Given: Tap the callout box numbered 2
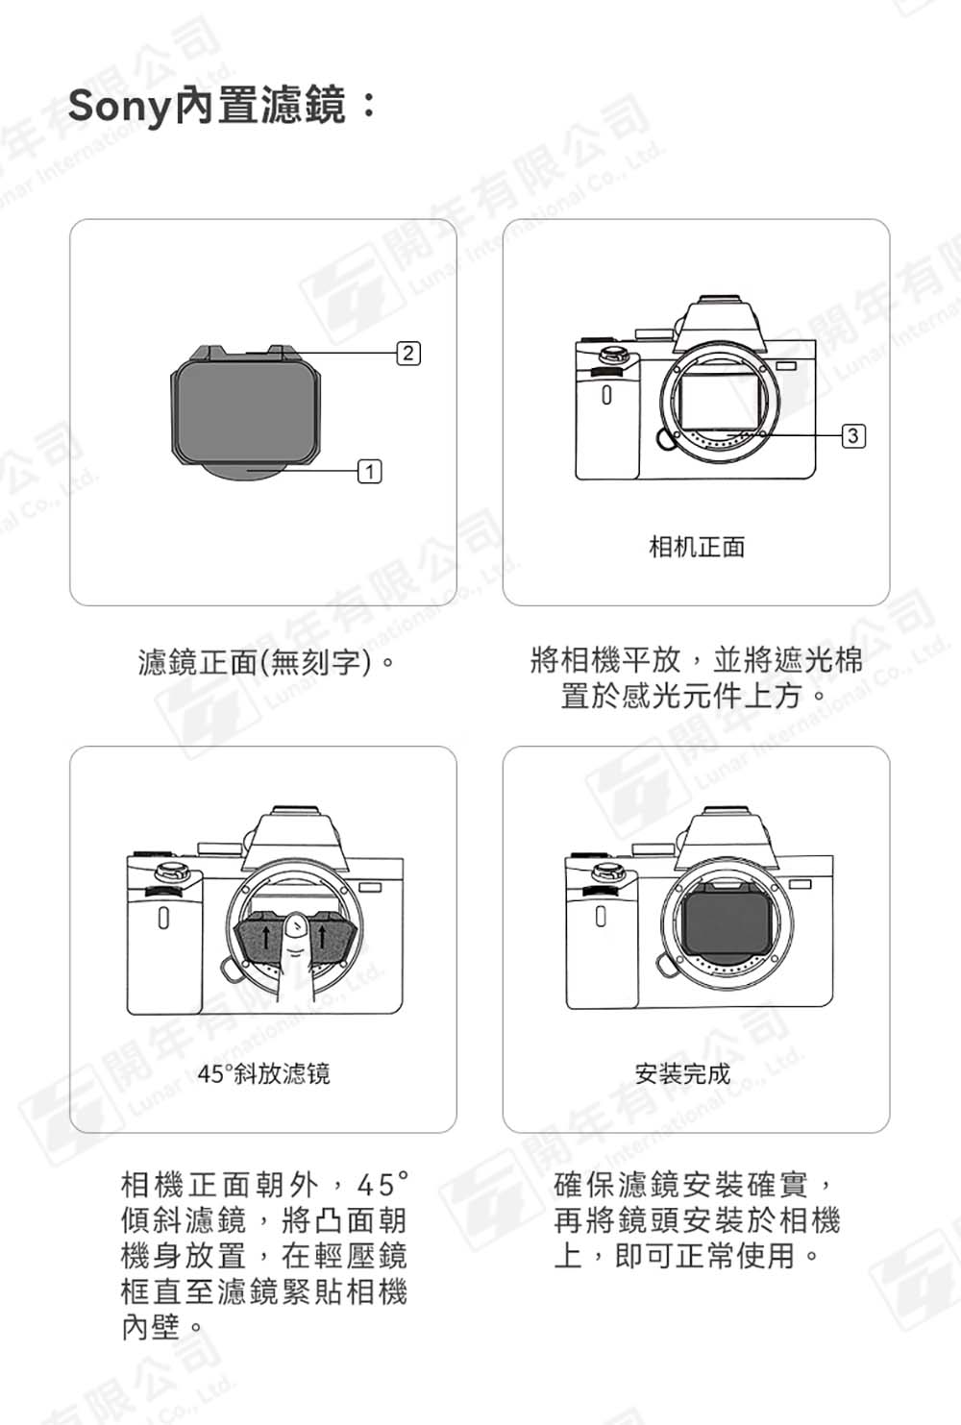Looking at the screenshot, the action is pyautogui.click(x=408, y=353).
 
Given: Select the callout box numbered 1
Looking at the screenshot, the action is pyautogui.click(x=370, y=472).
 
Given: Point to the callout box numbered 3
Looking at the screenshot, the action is pyautogui.click(x=853, y=435).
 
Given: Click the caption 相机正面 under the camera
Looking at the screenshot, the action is pyautogui.click(x=697, y=547).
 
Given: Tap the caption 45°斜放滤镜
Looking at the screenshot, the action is pyautogui.click(x=263, y=1073).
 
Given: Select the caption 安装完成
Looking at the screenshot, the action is pyautogui.click(x=682, y=1073).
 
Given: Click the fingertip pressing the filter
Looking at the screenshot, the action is pyautogui.click(x=294, y=930).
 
